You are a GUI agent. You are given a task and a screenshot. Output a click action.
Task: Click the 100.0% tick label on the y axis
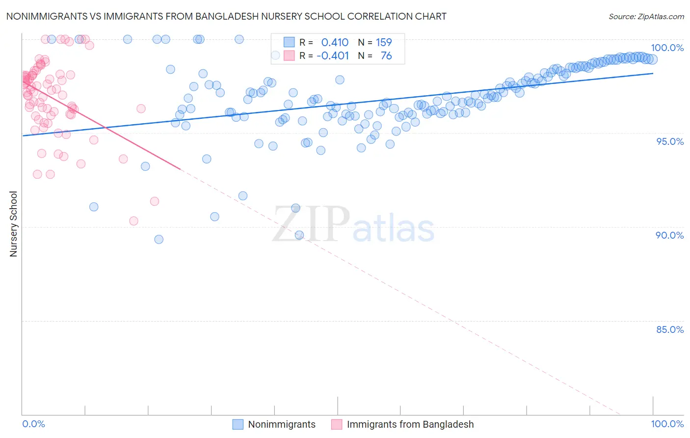tap(667, 48)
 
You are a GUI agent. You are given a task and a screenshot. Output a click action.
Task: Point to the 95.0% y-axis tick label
tap(670, 141)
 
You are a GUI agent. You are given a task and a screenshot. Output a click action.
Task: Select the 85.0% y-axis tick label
tap(670, 329)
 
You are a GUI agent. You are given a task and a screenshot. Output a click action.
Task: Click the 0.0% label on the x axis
tap(33, 424)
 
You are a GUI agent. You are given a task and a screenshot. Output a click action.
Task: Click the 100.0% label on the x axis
tap(667, 424)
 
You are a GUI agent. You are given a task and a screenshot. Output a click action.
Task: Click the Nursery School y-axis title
tap(13, 224)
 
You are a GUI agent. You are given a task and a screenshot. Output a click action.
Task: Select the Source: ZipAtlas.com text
tap(646, 16)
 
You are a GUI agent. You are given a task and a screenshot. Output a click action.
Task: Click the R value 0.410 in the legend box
tap(335, 43)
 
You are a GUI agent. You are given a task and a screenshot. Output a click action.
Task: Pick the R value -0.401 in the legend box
tap(332, 56)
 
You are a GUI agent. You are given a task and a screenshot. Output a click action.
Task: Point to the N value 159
tap(384, 43)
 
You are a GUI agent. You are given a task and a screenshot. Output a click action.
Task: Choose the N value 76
tap(386, 56)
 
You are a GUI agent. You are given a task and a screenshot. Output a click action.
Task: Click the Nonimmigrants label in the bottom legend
tap(282, 424)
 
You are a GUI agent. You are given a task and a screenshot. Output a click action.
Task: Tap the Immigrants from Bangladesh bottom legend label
tap(410, 424)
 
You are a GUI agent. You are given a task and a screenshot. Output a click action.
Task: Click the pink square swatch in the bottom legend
tap(337, 424)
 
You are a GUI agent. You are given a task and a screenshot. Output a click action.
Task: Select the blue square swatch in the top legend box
tap(289, 43)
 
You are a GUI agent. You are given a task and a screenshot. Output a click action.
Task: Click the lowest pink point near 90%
tap(133, 221)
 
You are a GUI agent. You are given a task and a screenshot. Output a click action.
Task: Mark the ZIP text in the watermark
tap(311, 224)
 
